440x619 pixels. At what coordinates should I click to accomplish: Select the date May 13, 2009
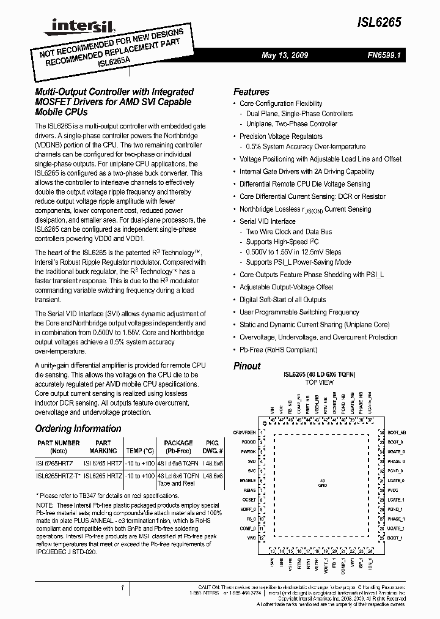285,55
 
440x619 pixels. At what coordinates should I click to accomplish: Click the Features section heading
251,91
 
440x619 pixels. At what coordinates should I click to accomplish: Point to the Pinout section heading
247,366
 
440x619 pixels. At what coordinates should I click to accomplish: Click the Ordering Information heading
78,429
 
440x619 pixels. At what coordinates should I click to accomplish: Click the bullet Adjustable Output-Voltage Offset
286,287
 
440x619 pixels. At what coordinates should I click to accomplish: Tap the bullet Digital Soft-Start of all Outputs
282,300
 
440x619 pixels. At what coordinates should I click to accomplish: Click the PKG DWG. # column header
212,447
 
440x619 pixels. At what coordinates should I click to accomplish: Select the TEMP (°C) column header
141,451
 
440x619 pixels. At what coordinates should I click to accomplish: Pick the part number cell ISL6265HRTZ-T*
58,475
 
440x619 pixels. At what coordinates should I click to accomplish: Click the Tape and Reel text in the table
178,483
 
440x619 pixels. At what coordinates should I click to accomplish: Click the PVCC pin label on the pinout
394,490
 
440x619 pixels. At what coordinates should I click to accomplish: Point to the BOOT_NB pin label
397,432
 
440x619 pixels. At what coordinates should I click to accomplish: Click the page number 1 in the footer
123,588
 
